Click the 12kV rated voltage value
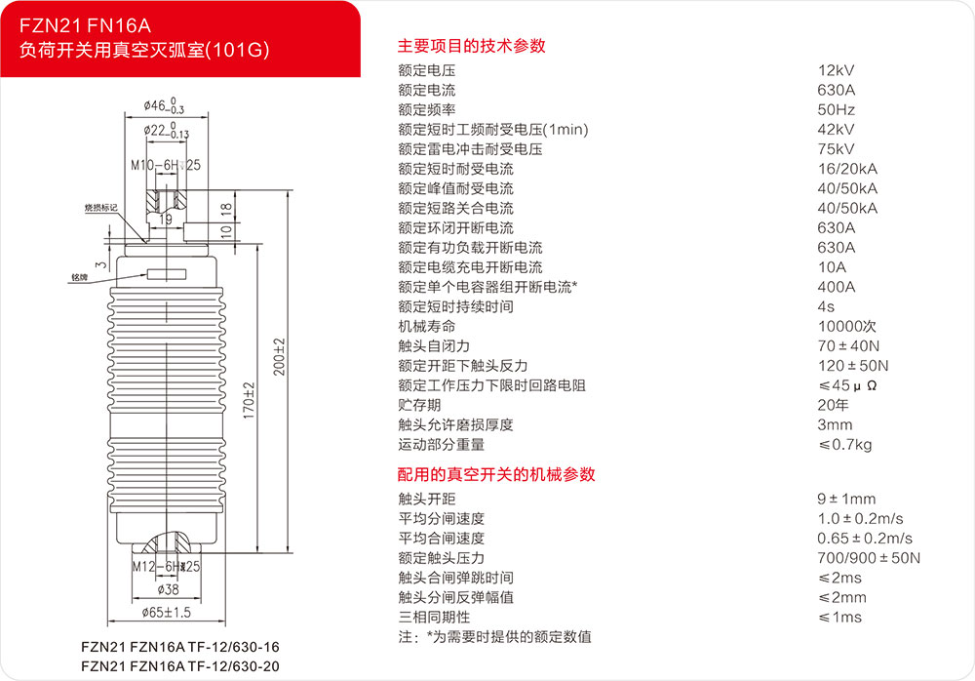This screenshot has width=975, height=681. [x=837, y=70]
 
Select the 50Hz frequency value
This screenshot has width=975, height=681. [x=837, y=109]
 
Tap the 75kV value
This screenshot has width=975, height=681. [x=837, y=149]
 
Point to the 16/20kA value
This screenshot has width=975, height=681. [x=847, y=169]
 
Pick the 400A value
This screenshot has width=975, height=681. [x=837, y=287]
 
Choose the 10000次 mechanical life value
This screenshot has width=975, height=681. [x=847, y=326]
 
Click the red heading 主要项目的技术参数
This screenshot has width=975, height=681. [x=471, y=45]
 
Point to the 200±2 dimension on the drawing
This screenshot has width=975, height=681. [x=278, y=359]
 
